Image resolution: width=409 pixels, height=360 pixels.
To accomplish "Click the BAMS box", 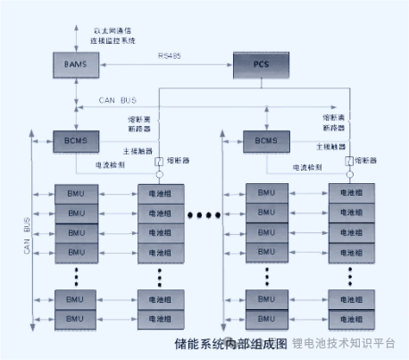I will pos(74,66).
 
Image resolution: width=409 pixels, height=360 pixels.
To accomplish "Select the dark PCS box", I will pos(262,65).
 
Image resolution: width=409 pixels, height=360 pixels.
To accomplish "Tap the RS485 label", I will pos(169,57).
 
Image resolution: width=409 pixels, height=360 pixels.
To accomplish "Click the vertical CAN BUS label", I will pos(27,237).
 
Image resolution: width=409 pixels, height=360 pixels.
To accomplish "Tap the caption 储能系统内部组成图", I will pos(231,342).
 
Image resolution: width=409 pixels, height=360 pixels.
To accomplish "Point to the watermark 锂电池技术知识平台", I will pos(343,343).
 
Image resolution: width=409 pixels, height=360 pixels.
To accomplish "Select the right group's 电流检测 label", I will pos(307,166).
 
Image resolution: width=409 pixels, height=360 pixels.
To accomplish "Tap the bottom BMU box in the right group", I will pos(266,319).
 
